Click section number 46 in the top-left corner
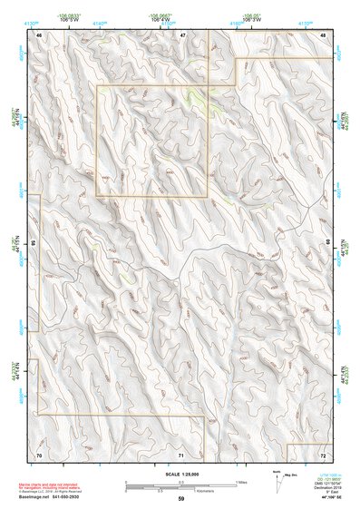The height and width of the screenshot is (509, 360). (x=39, y=34)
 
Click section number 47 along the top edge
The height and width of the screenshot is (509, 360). (x=181, y=34)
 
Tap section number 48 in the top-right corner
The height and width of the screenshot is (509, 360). (x=324, y=34)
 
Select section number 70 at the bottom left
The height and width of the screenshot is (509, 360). (x=39, y=454)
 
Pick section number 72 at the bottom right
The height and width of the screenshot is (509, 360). (x=324, y=454)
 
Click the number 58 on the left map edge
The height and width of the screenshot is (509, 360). (x=34, y=243)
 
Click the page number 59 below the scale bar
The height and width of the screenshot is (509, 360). (x=181, y=499)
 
